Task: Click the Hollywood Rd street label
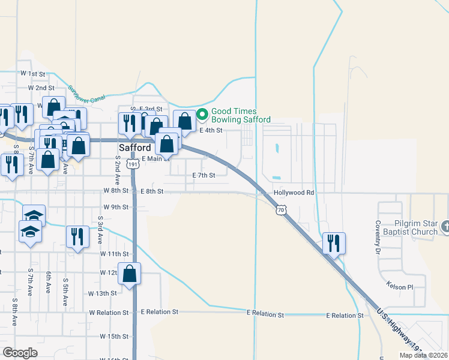pyautogui.click(x=294, y=193)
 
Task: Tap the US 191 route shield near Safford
pyautogui.click(x=133, y=163)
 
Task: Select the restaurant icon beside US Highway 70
pyautogui.click(x=334, y=243)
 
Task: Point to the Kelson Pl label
pyautogui.click(x=400, y=286)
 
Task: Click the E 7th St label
pyautogui.click(x=203, y=175)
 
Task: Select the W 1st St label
pyautogui.click(x=32, y=73)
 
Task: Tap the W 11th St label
pyautogui.click(x=115, y=254)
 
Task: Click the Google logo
pyautogui.click(x=20, y=352)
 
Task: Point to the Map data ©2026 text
pyautogui.click(x=423, y=355)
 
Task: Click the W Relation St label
pyautogui.click(x=109, y=313)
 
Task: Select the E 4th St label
pyautogui.click(x=211, y=130)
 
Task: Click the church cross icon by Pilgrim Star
pyautogui.click(x=445, y=227)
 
